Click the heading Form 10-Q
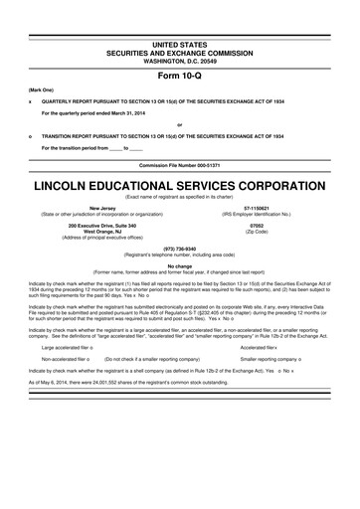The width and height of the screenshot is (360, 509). pyautogui.click(x=180, y=74)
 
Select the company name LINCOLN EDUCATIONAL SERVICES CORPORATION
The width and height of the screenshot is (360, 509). pyautogui.click(x=180, y=184)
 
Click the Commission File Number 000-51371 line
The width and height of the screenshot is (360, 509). pyautogui.click(x=180, y=162)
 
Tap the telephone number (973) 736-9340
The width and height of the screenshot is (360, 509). pyautogui.click(x=180, y=250)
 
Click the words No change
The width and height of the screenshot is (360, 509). pyautogui.click(x=180, y=266)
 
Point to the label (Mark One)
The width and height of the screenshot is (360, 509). pyautogui.click(x=42, y=90)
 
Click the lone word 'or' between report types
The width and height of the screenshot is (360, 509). pyautogui.click(x=180, y=124)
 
